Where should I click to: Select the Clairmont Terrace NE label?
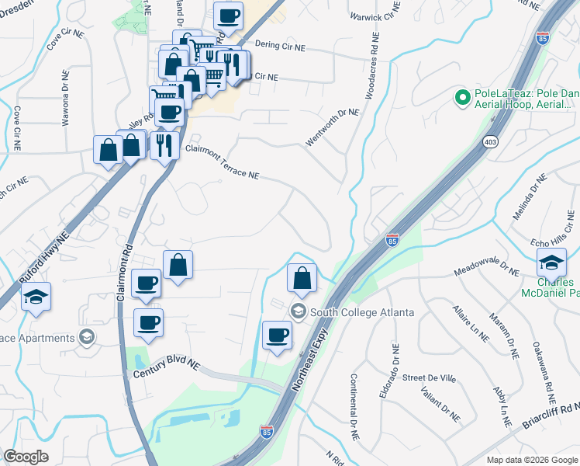pyautogui.click(x=221, y=162)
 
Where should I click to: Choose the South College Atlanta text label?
pyautogui.click(x=361, y=312)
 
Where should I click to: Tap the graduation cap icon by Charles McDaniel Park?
pyautogui.click(x=551, y=263)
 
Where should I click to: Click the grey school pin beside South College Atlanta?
pyautogui.click(x=297, y=312)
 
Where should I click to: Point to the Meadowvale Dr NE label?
pyautogui.click(x=488, y=269)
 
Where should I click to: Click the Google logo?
pyautogui.click(x=26, y=457)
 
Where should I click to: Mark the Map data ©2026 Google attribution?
pyautogui.click(x=531, y=460)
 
